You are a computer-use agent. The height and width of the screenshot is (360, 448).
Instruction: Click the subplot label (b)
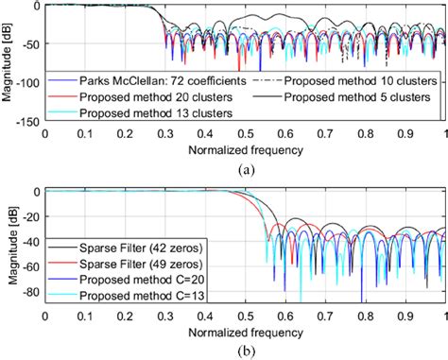tap(245, 351)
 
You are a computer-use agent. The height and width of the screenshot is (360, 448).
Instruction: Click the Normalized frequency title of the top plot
tap(245, 148)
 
